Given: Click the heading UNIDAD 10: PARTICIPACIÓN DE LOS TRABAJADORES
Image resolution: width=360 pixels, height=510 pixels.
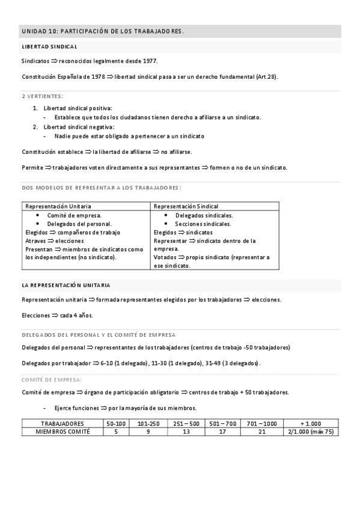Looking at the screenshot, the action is (103, 31).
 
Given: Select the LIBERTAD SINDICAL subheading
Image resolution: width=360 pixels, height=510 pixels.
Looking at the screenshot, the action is (49, 46).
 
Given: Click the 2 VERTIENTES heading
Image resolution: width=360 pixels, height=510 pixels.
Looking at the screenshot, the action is (43, 96).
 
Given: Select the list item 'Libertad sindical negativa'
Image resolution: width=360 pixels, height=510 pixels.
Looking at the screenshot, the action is (79, 127).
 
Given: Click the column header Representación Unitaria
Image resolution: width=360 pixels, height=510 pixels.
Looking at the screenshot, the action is (59, 206).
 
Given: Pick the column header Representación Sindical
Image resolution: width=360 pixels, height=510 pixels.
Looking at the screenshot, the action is (186, 206).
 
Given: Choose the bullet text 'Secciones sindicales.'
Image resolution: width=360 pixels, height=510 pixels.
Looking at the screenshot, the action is (203, 224).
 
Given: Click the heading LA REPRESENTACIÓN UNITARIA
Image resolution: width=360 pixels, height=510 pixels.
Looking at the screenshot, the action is (66, 284).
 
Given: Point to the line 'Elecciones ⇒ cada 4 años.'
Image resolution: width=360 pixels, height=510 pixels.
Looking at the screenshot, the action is (57, 315).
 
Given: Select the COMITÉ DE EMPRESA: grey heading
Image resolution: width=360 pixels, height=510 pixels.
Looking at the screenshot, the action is (52, 379).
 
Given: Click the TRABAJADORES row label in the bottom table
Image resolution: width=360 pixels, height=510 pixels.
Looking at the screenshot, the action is (63, 423).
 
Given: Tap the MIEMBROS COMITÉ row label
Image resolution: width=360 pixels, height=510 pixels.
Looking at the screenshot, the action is (63, 431).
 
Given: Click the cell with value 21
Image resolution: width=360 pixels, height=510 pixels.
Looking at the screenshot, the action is (261, 431).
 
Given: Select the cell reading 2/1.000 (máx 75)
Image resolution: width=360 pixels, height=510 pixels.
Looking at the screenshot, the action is (311, 431).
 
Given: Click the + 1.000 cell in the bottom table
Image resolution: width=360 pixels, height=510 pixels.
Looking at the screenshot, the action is (311, 423).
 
